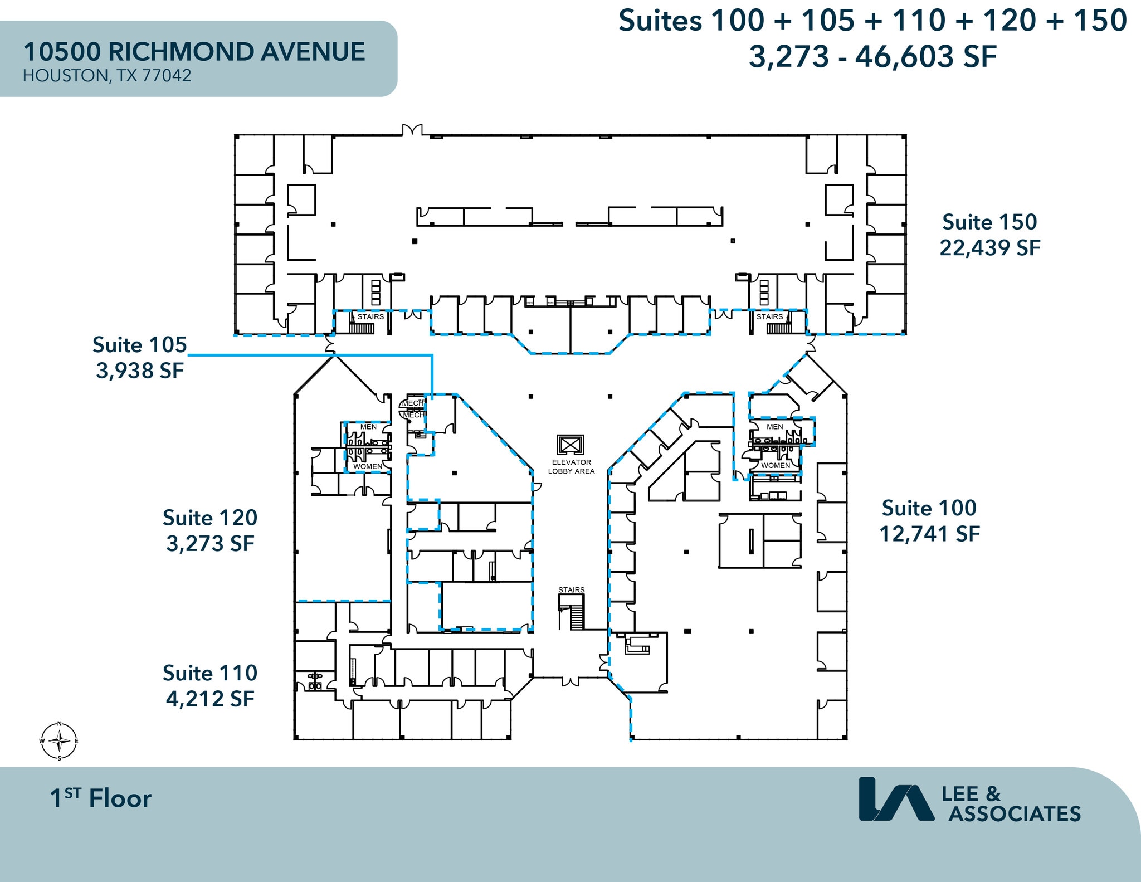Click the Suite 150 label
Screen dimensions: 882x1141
click(989, 222)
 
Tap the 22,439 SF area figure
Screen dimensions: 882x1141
click(989, 248)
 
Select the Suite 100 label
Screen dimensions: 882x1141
click(929, 508)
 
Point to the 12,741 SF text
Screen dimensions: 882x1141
click(929, 534)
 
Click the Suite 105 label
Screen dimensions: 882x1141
click(139, 345)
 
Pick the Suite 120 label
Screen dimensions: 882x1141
click(209, 518)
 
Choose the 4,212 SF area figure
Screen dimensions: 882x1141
click(209, 699)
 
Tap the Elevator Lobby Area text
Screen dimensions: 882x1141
click(571, 467)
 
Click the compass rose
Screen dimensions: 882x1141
click(59, 741)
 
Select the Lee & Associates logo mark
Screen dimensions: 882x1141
click(895, 799)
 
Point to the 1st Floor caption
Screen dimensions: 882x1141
click(100, 798)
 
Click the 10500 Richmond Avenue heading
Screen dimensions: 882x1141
click(194, 52)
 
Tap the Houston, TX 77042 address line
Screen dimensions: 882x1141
click(107, 76)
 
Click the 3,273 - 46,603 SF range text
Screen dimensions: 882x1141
click(872, 56)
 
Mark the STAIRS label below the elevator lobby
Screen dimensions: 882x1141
click(571, 589)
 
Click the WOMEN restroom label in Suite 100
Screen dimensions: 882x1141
click(775, 465)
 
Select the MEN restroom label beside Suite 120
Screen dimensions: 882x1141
click(368, 427)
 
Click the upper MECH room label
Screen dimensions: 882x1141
click(413, 403)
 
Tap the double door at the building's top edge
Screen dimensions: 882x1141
click(412, 130)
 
